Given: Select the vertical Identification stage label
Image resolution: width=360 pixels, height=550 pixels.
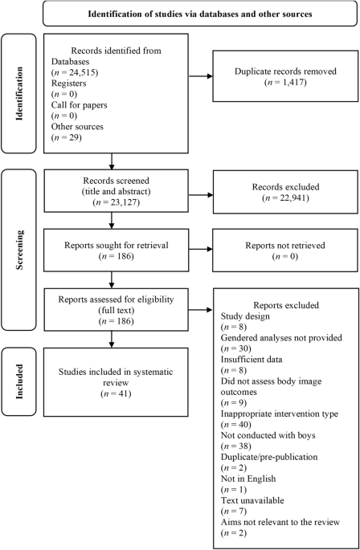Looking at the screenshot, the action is pos(19,94).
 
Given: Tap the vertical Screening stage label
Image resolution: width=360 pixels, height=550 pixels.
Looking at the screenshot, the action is pos(19,250).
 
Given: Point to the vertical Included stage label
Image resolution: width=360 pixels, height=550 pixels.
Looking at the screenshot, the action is pos(19,381).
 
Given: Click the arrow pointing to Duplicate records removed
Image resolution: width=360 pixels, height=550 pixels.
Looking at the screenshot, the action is pos(201,76).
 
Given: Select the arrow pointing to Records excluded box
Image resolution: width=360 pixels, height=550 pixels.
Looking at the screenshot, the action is pos(201,194).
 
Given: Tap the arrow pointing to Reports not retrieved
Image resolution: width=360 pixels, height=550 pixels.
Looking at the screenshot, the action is pos(201,249).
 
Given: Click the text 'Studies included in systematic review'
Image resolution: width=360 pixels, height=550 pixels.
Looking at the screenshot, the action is pos(116,377).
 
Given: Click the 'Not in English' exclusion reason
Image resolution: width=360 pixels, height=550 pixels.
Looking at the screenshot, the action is pos(248,479).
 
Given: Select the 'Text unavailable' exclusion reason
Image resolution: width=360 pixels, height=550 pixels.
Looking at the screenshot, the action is pos(252,500).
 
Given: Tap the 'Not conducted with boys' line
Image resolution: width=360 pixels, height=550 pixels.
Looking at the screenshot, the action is pos(268,435).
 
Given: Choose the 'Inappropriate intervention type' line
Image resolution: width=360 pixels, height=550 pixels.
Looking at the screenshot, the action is pos(279,414).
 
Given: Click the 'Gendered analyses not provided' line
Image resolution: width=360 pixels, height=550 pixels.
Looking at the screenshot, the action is pos(281,338).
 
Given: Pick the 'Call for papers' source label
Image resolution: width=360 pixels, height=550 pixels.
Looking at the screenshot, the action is pos(79,105).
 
